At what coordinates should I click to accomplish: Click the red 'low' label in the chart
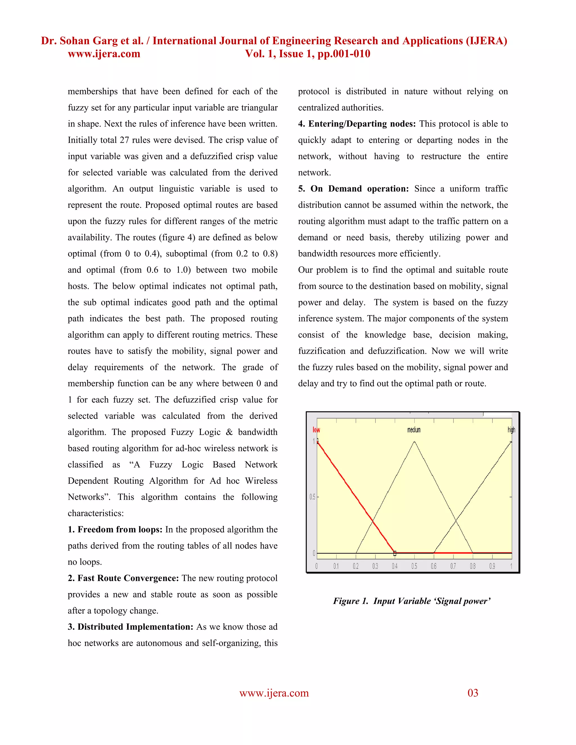click(316, 430)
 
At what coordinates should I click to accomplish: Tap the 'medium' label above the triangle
click(414, 430)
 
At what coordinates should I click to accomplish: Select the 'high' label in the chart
click(511, 430)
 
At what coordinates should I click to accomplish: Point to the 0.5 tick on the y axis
click(312, 497)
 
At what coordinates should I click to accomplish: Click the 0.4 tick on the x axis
click(395, 566)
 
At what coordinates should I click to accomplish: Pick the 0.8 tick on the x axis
click(472, 566)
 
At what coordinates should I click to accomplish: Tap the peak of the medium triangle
click(414, 442)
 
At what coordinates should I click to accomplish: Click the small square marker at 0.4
click(395, 553)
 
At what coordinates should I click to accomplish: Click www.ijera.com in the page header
click(104, 54)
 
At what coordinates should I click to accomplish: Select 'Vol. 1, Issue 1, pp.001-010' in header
click(307, 54)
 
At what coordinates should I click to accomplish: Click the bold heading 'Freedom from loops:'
click(120, 529)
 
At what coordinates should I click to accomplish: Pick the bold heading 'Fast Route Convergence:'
click(128, 578)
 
